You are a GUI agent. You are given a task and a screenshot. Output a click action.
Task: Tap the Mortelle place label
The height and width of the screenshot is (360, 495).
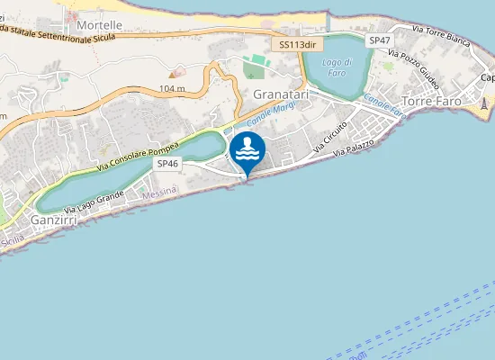(99, 25)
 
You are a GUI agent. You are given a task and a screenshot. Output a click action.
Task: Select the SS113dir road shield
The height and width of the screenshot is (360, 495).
(297, 43)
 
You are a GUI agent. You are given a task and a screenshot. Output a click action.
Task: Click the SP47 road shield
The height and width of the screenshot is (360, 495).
(380, 40)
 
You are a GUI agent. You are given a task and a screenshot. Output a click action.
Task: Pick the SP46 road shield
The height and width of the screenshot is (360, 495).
(168, 164)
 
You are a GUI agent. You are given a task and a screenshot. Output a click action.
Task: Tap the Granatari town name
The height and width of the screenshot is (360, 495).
(281, 94)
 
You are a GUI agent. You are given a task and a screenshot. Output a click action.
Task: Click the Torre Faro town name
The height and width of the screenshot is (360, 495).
(432, 101)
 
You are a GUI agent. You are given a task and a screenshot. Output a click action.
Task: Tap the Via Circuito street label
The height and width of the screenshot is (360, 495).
(330, 136)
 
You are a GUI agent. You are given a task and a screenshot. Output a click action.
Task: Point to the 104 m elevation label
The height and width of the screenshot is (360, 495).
(171, 88)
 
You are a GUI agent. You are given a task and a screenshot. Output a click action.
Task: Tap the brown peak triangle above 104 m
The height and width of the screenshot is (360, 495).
(175, 72)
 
